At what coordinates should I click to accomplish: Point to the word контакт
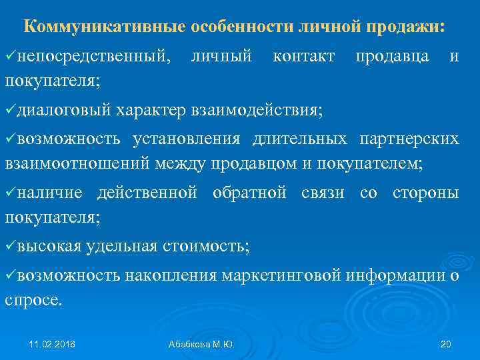pyautogui.click(x=304, y=57)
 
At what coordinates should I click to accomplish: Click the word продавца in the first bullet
pyautogui.click(x=391, y=57)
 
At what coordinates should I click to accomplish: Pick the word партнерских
pyautogui.click(x=409, y=139)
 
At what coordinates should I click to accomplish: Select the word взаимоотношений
pyautogui.click(x=78, y=163)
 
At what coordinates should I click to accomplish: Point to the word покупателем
pyautogui.click(x=373, y=163)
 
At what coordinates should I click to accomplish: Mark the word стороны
pyautogui.click(x=425, y=193)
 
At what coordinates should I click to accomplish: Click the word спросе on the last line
pyautogui.click(x=33, y=300)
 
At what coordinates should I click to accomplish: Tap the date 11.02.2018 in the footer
pyautogui.click(x=52, y=344)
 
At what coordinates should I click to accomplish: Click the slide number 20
pyautogui.click(x=446, y=344)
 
